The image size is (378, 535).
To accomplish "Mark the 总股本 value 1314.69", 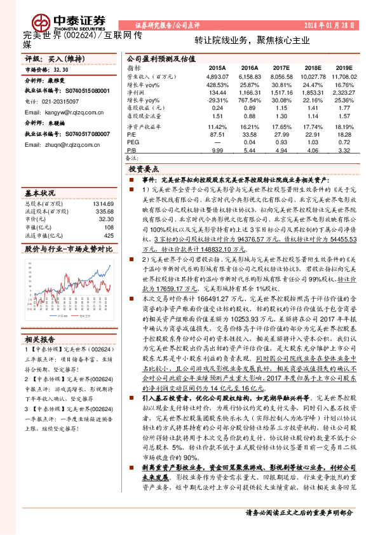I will coord(104,203).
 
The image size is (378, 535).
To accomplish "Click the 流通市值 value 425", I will coord(109,235).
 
